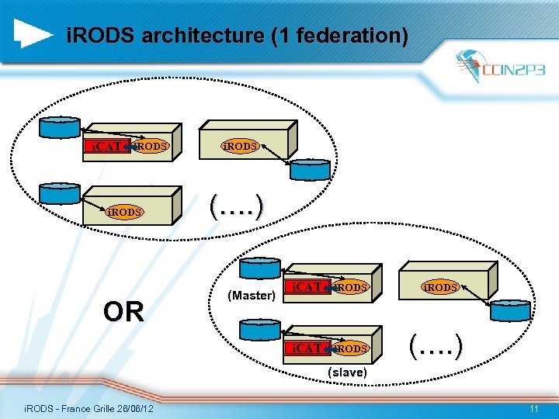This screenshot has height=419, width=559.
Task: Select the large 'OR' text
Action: [124, 312]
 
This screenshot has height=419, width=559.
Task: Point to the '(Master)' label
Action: [252, 296]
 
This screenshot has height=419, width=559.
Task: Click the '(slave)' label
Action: [348, 372]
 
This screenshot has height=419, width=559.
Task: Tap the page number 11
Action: [533, 409]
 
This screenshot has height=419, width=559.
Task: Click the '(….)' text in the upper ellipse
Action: [237, 206]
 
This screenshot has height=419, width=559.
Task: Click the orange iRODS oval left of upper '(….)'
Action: [124, 212]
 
